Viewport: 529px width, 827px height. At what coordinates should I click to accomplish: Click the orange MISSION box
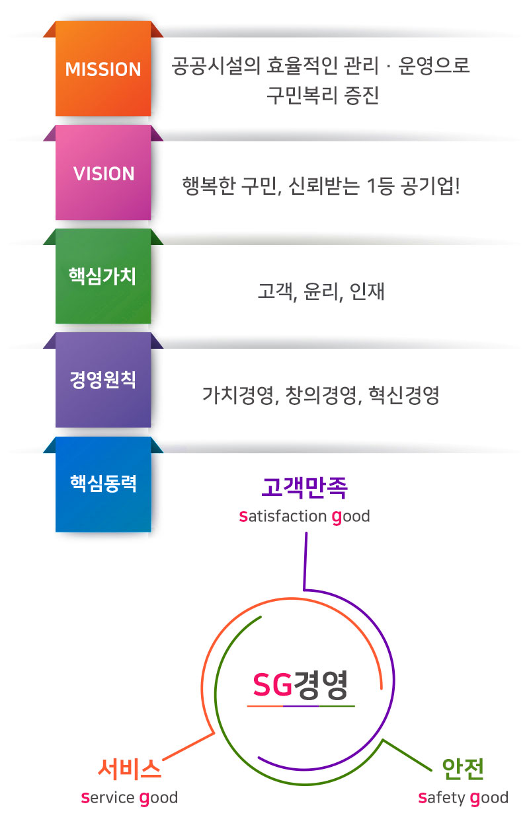click(103, 69)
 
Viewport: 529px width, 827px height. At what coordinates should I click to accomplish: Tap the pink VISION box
click(103, 172)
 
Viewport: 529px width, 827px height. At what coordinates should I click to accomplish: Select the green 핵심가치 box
click(103, 276)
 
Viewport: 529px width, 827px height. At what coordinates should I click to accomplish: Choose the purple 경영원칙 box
click(103, 380)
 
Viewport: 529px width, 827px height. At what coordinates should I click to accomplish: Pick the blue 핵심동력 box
click(103, 484)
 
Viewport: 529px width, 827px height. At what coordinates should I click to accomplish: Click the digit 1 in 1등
click(371, 186)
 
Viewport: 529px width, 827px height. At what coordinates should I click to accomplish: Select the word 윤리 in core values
click(321, 291)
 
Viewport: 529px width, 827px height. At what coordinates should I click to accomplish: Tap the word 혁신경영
click(403, 395)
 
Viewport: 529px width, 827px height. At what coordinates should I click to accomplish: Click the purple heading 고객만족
click(304, 487)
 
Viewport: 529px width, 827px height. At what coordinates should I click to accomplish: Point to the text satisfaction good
click(304, 517)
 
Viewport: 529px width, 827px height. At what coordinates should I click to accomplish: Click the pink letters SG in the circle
click(272, 685)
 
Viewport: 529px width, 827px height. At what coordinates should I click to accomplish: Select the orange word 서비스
click(130, 769)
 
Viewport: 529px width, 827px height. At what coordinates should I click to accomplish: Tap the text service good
click(130, 798)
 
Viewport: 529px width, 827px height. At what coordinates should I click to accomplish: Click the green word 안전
click(463, 769)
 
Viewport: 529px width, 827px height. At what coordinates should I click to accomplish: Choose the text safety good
click(463, 798)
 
